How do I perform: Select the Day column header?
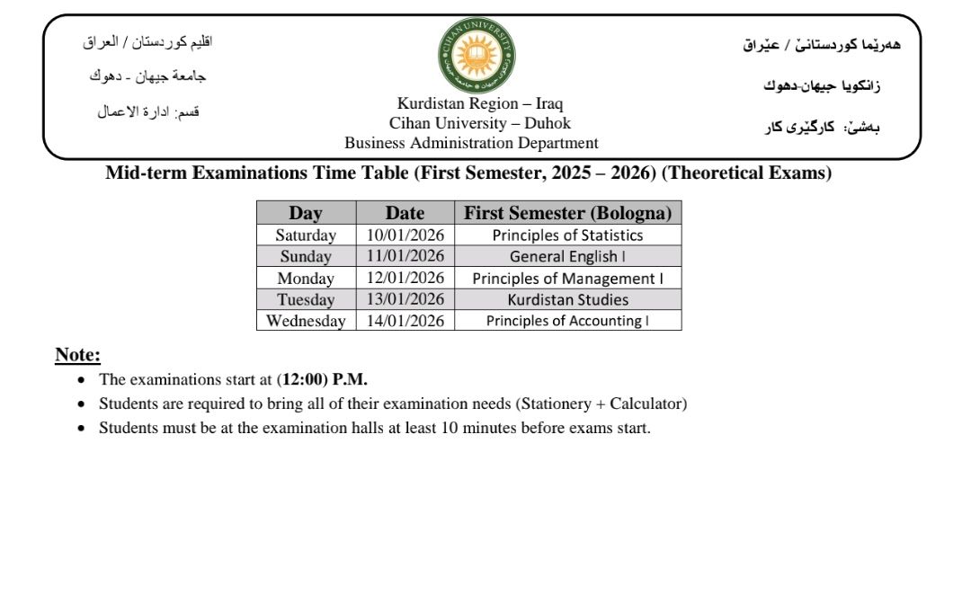click(306, 213)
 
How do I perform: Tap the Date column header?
click(405, 213)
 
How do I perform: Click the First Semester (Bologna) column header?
click(567, 213)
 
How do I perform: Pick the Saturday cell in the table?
click(306, 235)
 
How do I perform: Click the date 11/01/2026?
click(405, 256)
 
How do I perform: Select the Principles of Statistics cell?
click(567, 235)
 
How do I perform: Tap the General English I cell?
click(567, 256)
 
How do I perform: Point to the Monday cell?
click(306, 279)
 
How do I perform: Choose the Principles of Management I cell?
click(567, 279)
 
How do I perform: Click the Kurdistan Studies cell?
click(567, 300)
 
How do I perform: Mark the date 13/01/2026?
click(405, 300)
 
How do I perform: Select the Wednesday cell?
click(306, 321)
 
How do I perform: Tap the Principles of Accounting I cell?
click(567, 321)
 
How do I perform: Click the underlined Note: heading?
click(77, 355)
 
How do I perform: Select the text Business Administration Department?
click(471, 143)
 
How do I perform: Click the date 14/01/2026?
click(405, 321)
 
